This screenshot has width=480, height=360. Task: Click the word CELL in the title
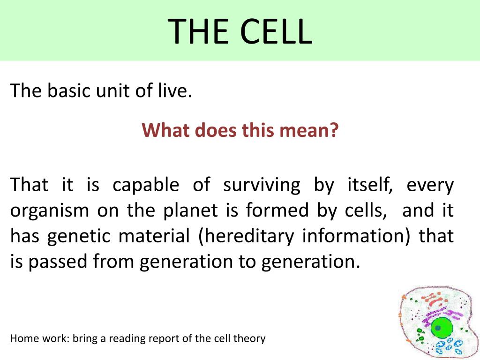[276, 31]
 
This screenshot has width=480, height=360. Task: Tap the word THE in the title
[198, 31]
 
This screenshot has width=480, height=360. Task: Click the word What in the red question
[165, 130]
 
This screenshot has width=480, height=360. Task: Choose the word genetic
[79, 237]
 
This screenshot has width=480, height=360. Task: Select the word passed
[58, 262]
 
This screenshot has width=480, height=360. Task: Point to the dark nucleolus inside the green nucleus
[438, 328]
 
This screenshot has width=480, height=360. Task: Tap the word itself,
[370, 185]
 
